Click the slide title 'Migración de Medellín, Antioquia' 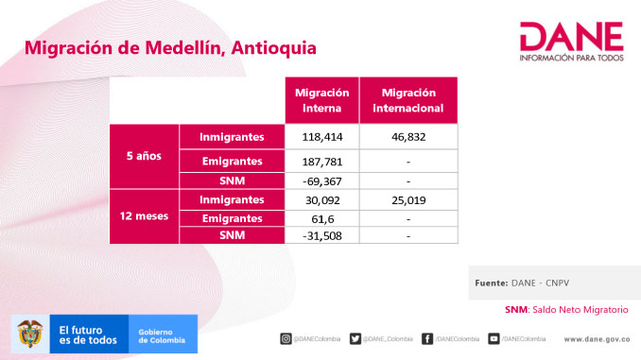[170, 47]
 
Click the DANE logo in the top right [571, 43]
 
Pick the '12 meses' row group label [144, 216]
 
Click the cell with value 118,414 [321, 137]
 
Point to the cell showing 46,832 [411, 137]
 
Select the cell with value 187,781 [321, 162]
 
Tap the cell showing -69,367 [321, 180]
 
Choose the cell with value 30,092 [321, 199]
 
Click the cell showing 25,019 [411, 199]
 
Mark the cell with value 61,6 [321, 217]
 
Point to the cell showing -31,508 [321, 234]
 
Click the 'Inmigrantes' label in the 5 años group [232, 137]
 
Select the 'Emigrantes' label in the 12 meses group [232, 217]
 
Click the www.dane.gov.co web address [597, 338]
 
